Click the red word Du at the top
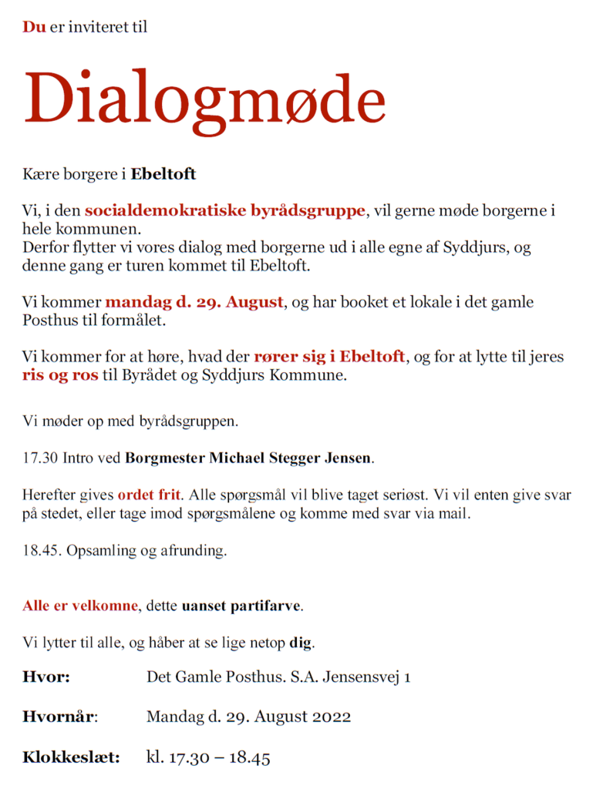click(34, 27)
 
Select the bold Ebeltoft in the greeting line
click(163, 174)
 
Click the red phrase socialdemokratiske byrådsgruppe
click(225, 210)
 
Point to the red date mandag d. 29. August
click(194, 302)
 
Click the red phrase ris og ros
click(61, 376)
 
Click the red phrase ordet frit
click(149, 495)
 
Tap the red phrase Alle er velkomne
click(80, 606)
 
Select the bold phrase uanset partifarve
click(241, 606)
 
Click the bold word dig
click(301, 643)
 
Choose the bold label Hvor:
click(46, 677)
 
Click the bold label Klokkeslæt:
click(71, 757)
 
